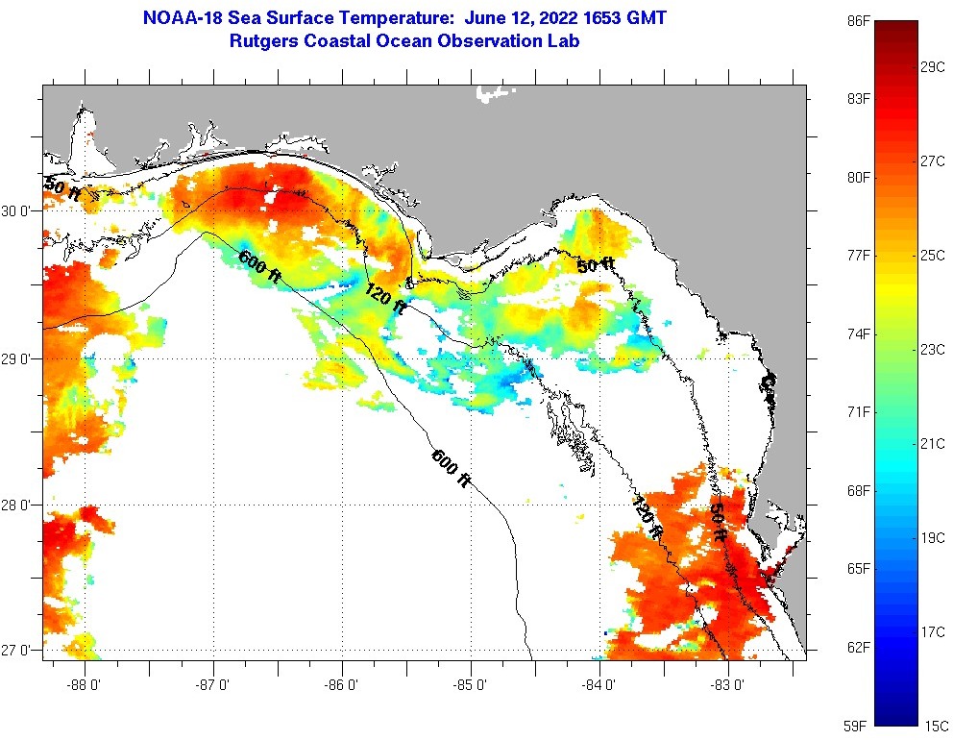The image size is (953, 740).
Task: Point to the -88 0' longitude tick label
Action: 85,685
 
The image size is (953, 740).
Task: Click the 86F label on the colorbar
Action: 859,20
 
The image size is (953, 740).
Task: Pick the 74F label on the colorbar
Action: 859,334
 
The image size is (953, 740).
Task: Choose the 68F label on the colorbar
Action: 859,491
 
